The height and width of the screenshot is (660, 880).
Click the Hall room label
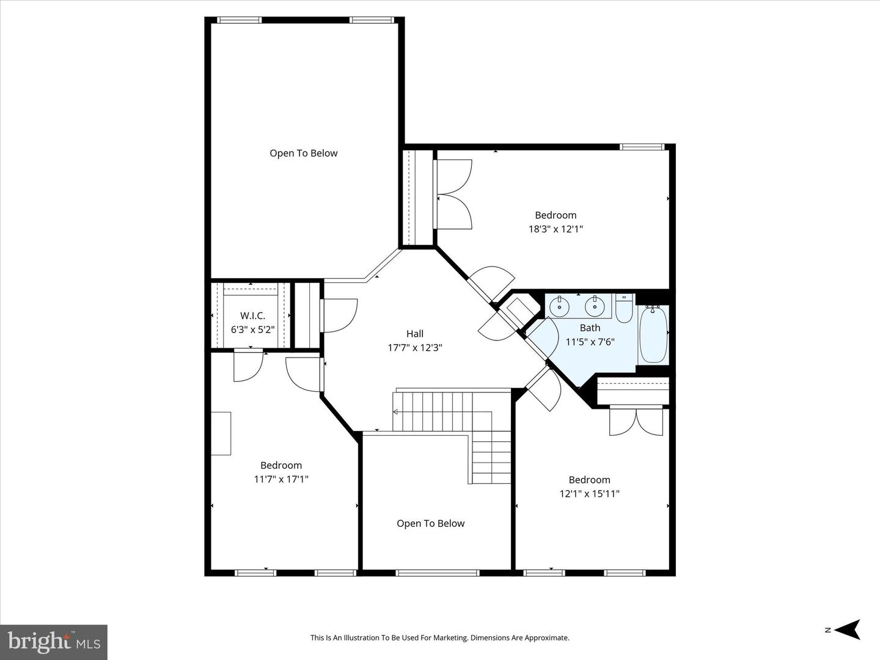point(415,334)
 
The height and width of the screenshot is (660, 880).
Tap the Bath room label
point(590,328)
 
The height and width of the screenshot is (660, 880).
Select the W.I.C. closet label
point(252,316)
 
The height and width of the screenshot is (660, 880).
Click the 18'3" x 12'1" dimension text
point(555,229)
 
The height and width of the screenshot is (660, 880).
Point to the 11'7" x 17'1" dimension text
point(281,479)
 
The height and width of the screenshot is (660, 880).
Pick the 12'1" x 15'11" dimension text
point(589,494)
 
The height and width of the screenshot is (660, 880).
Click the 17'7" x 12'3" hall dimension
point(415,348)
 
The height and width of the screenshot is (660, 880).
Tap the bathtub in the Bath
point(653,335)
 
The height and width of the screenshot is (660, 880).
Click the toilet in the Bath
point(624,309)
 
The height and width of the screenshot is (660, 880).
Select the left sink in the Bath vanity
point(559,306)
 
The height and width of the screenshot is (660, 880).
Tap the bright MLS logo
point(54,642)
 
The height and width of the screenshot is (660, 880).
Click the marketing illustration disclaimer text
point(439,638)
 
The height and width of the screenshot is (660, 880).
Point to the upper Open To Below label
point(304,153)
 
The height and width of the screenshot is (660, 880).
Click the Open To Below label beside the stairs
point(430,524)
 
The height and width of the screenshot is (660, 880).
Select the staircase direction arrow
point(396,411)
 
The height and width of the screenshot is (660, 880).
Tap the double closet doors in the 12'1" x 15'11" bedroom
point(636,422)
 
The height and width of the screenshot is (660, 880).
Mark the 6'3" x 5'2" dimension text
point(252,329)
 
